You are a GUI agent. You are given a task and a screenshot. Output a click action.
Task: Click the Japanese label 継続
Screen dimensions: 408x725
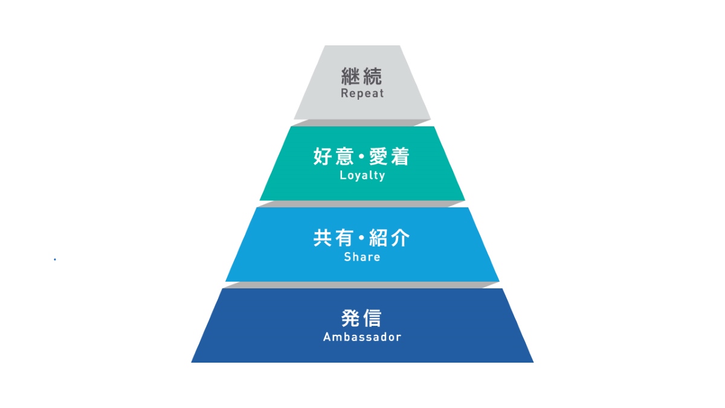pyautogui.click(x=362, y=77)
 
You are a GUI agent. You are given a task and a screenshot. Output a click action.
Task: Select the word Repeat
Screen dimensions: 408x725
pyautogui.click(x=362, y=94)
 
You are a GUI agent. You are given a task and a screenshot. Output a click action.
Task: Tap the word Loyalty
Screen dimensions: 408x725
pyautogui.click(x=362, y=176)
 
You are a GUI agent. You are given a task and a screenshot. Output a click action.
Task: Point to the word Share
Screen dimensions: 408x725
pyautogui.click(x=362, y=257)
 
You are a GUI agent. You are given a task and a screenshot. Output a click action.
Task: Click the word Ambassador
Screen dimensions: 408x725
pyautogui.click(x=362, y=337)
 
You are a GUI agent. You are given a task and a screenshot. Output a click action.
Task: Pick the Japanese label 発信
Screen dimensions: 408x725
pyautogui.click(x=362, y=319)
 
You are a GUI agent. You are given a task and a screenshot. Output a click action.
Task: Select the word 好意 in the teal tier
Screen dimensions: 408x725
pyautogui.click(x=330, y=157)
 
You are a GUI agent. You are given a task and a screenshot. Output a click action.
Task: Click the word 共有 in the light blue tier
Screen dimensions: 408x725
pyautogui.click(x=330, y=238)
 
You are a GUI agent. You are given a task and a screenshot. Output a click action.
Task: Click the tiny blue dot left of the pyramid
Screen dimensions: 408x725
pyautogui.click(x=55, y=259)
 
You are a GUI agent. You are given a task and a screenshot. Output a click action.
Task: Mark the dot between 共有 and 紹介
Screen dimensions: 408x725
pyautogui.click(x=362, y=239)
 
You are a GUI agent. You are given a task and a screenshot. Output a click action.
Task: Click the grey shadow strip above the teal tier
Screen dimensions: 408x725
pyautogui.click(x=362, y=123)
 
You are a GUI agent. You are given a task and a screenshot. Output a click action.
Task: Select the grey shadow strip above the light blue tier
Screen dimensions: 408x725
pyautogui.click(x=362, y=204)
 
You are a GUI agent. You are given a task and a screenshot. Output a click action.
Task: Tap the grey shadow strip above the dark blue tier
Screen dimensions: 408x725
pyautogui.click(x=362, y=285)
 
